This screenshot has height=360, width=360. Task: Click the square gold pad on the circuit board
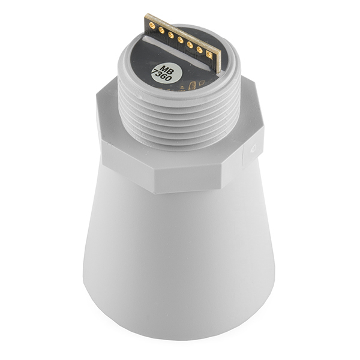coord(209,55)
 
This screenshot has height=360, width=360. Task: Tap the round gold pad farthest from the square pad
coord(152,25)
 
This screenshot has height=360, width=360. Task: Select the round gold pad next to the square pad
coord(200,49)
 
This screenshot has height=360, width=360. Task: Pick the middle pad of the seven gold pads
coord(181,40)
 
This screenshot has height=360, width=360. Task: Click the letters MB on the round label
coord(166,70)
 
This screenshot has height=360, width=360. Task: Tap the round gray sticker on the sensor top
coord(167,73)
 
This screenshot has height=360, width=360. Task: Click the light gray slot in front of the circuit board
coord(176,52)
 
